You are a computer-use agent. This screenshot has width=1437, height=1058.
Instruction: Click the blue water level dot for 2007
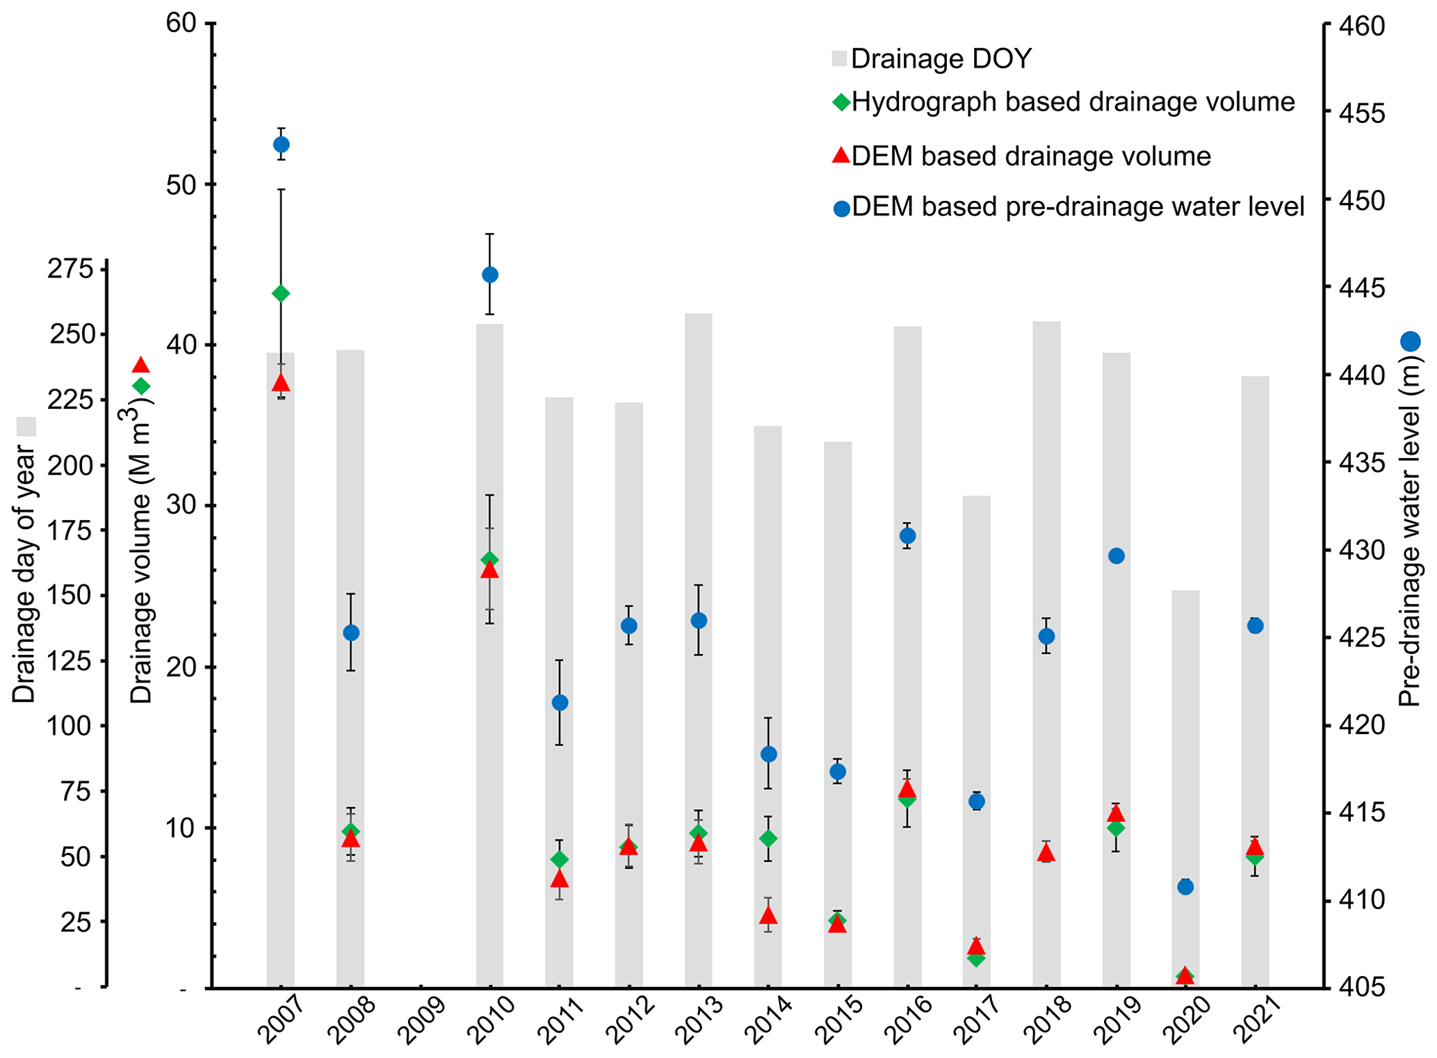coord(281,145)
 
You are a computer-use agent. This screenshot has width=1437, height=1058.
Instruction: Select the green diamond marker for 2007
coord(281,293)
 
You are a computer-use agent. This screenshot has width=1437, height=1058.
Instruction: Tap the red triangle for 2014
coord(768,915)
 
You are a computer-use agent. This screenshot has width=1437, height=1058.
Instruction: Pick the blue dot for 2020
coord(1185,886)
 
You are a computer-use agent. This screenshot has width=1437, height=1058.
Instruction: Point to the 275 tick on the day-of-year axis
coord(70,269)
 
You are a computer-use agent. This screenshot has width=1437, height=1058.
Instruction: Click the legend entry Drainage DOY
coord(941,59)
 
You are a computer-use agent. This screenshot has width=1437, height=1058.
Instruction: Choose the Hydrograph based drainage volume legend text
coord(1073,102)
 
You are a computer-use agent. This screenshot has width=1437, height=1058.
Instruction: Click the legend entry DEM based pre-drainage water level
coord(1078,207)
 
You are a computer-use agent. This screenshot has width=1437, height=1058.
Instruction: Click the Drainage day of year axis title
coord(25,573)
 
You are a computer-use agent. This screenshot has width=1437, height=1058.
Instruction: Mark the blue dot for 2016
coord(907,536)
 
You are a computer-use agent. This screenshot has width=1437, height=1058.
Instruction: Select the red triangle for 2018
coord(1046,853)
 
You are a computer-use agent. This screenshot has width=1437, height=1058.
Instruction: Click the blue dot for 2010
coord(489,275)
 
